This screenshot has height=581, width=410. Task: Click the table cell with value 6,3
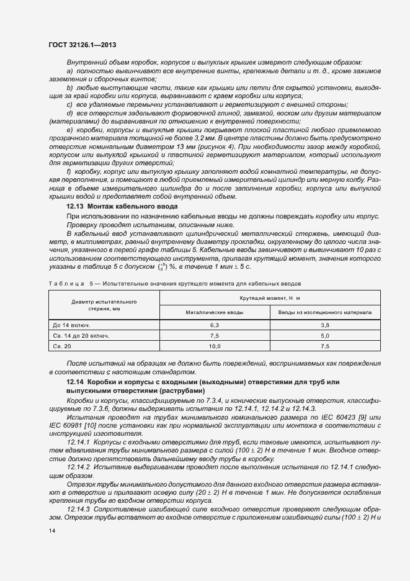215,325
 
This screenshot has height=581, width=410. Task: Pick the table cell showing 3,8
324,325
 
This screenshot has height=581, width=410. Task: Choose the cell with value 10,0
215,347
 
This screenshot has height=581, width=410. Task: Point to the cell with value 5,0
324,336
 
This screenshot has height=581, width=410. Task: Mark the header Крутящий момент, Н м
269,299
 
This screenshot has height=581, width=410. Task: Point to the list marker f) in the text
69,171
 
